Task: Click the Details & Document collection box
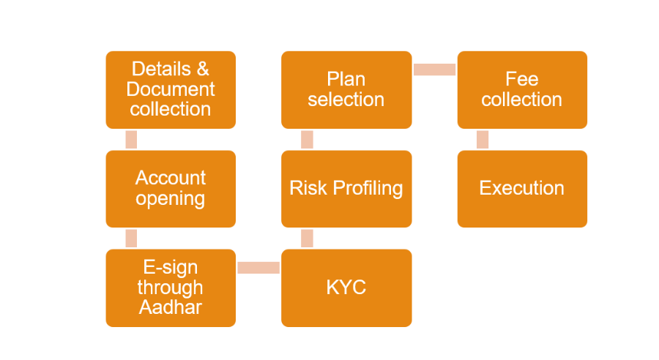click(171, 90)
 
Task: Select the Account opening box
click(171, 189)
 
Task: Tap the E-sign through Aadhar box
click(171, 288)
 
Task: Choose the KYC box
click(346, 288)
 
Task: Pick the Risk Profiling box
click(346, 189)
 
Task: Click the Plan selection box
click(346, 90)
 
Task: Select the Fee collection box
click(522, 90)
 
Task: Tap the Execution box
click(522, 189)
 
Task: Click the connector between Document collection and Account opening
click(131, 140)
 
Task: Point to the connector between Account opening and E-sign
click(131, 239)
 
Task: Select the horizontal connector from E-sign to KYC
click(258, 268)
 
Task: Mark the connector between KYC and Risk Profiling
click(308, 239)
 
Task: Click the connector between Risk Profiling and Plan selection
click(308, 140)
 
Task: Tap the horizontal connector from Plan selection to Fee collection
click(434, 70)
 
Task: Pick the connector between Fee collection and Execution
click(483, 140)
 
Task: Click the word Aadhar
click(171, 307)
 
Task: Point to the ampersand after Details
click(203, 69)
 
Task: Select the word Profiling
click(368, 189)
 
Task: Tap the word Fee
click(521, 79)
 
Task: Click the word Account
click(171, 178)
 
